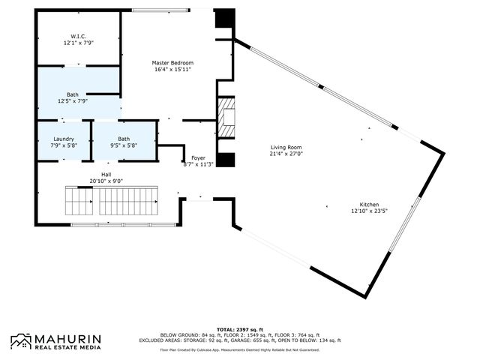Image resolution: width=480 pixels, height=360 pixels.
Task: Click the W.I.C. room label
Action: click(79, 36)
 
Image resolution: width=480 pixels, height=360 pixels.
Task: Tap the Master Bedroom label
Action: click(172, 63)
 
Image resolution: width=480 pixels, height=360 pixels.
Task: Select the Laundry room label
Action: click(63, 139)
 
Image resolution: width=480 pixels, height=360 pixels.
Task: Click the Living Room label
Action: click(286, 148)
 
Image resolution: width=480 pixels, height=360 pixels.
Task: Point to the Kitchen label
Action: click(368, 205)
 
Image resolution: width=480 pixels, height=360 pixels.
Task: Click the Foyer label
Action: click(198, 157)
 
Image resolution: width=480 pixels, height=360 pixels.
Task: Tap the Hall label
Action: click(106, 174)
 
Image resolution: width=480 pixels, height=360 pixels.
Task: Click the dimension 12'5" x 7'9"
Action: click(73, 100)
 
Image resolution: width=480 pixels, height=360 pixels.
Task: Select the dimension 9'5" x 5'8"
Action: click(123, 145)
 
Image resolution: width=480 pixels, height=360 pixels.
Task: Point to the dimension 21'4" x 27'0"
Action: click(286, 154)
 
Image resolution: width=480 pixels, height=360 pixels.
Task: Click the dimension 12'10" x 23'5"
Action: click(368, 211)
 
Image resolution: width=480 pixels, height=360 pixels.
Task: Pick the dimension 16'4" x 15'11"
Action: click(172, 70)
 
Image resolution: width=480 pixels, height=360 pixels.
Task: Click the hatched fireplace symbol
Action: click(226, 118)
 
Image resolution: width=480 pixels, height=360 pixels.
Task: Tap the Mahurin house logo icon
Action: click(20, 341)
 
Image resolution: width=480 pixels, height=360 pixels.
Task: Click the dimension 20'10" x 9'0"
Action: click(106, 181)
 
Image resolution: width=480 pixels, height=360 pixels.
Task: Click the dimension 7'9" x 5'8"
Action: click(63, 145)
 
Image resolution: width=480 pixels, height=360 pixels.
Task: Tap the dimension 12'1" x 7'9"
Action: click(79, 43)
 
